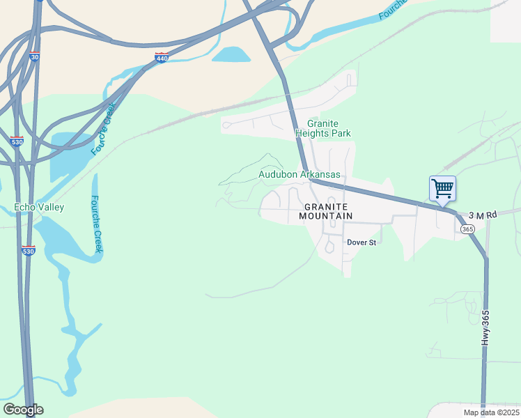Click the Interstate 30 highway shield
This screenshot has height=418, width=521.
pyautogui.click(x=34, y=57)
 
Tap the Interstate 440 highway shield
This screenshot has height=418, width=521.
pyautogui.click(x=161, y=58)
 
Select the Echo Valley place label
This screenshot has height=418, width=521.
pyautogui.click(x=39, y=207)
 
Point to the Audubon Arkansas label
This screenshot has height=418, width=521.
pyautogui.click(x=300, y=174)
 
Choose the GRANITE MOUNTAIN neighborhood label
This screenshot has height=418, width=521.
pyautogui.click(x=326, y=212)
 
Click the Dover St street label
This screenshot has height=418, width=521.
pyautogui.click(x=361, y=242)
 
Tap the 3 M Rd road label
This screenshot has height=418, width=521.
pyautogui.click(x=482, y=215)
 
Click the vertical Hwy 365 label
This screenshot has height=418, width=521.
pyautogui.click(x=486, y=328)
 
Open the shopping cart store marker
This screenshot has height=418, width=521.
pyautogui.click(x=442, y=188)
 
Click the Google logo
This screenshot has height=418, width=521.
pyautogui.click(x=23, y=410)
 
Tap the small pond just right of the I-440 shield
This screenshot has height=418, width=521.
pyautogui.click(x=231, y=54)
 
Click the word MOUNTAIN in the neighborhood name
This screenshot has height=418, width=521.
pyautogui.click(x=326, y=216)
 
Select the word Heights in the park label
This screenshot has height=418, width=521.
pyautogui.click(x=322, y=133)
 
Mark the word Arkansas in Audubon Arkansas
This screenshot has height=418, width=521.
pyautogui.click(x=320, y=174)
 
